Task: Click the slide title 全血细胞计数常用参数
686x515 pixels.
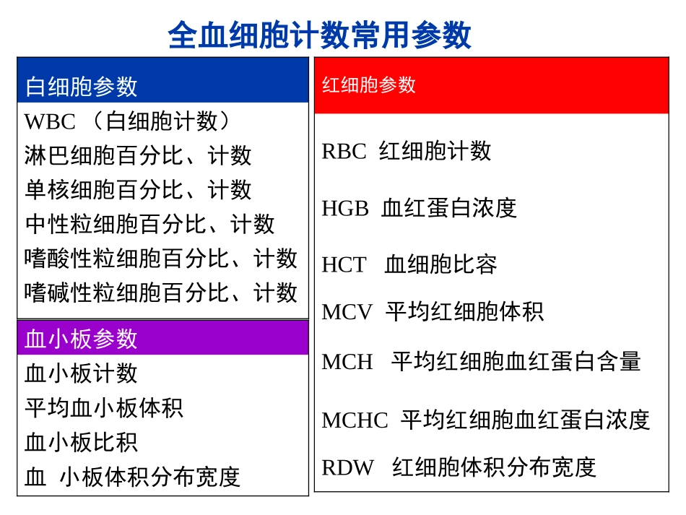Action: (x=319, y=35)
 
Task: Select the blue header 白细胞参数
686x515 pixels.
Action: (x=81, y=87)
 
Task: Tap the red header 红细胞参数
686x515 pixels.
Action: (x=368, y=85)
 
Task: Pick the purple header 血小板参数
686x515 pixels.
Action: (x=81, y=338)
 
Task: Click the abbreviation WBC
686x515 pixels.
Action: (x=49, y=121)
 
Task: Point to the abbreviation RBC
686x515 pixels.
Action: (x=344, y=151)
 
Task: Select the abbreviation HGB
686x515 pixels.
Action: (x=345, y=208)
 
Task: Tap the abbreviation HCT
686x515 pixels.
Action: (x=344, y=264)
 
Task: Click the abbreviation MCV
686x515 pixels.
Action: (x=347, y=312)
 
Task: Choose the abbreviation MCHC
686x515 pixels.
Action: (x=355, y=420)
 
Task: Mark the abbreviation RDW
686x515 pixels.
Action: (x=347, y=467)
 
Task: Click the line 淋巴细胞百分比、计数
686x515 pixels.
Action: (x=138, y=155)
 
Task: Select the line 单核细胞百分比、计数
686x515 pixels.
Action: (x=138, y=190)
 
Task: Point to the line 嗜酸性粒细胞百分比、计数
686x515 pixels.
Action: (x=160, y=259)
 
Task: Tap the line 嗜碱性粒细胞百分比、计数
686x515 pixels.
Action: (x=160, y=293)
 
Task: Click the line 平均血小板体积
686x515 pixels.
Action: (x=104, y=407)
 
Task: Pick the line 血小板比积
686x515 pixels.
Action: (x=81, y=442)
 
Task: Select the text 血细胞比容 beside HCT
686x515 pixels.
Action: (x=440, y=264)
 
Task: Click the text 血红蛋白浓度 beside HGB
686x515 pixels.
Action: (x=449, y=208)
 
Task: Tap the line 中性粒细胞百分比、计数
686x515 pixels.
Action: (x=149, y=224)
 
